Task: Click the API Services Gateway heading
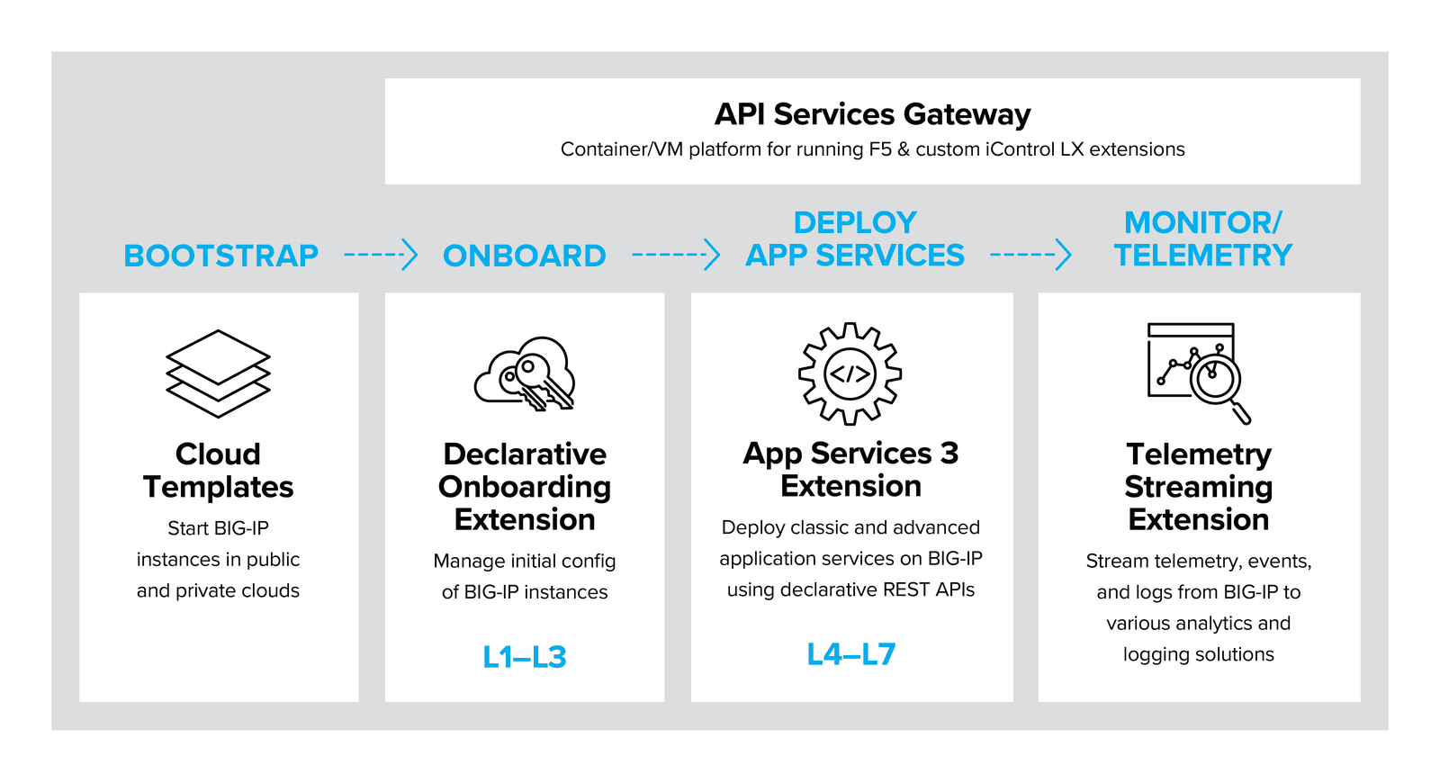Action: [x=872, y=114]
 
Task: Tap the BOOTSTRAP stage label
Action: [x=220, y=256]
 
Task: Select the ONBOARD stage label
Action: [x=524, y=256]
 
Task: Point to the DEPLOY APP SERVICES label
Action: [x=854, y=239]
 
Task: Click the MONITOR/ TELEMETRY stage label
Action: [x=1202, y=239]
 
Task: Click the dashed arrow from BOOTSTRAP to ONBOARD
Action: [x=381, y=255]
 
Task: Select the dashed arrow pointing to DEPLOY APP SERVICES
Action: [x=675, y=255]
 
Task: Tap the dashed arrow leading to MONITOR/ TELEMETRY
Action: [x=1030, y=255]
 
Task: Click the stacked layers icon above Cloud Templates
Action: [x=218, y=373]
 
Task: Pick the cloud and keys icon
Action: [x=525, y=374]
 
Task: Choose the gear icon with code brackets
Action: [x=850, y=373]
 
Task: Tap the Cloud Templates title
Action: [x=218, y=471]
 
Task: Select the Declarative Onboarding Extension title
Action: [x=525, y=487]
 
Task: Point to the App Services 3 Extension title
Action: [x=850, y=470]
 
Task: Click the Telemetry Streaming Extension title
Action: [x=1198, y=487]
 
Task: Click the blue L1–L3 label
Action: [x=524, y=657]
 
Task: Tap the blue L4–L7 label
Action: [x=850, y=654]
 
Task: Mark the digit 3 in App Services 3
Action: [x=949, y=454]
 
